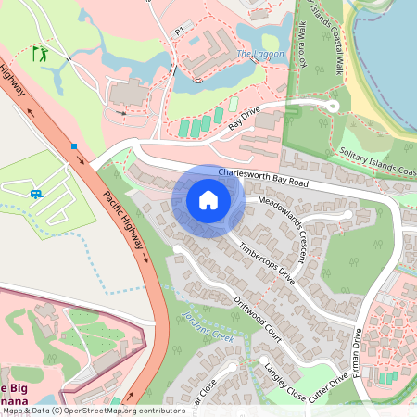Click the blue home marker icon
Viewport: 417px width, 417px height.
(208, 200)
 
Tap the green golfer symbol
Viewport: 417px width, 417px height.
(39, 54)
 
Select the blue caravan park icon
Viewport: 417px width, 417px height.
(35, 194)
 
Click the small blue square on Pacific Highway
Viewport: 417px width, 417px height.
(73, 145)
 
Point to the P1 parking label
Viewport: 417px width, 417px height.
(181, 31)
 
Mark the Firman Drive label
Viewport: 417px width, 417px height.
(357, 357)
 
